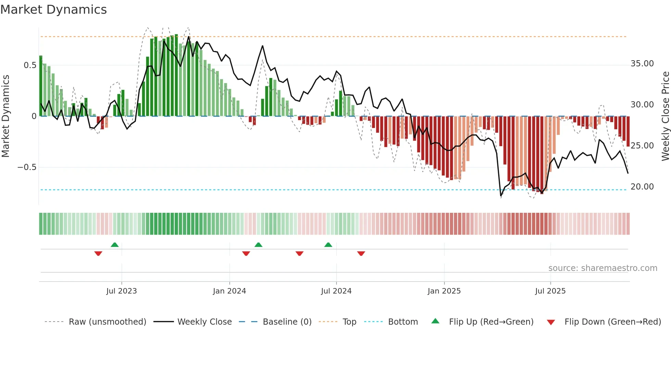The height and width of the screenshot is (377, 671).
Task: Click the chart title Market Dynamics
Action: click(x=53, y=10)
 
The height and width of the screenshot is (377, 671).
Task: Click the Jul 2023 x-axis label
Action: click(x=122, y=291)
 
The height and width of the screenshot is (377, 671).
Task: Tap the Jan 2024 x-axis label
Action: click(x=229, y=291)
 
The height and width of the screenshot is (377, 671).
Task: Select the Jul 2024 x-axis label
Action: click(x=336, y=291)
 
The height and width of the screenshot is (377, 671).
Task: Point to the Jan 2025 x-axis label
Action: click(x=444, y=291)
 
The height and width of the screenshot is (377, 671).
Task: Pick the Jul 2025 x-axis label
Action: click(x=550, y=291)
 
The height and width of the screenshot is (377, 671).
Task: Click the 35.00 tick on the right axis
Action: click(x=642, y=64)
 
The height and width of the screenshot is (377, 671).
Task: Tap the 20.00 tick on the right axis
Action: click(x=642, y=187)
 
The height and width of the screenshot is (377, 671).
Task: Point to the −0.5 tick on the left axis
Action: click(x=27, y=167)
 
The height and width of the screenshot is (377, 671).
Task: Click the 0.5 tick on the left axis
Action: click(x=30, y=65)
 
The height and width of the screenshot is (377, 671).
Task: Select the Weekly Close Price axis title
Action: click(x=665, y=116)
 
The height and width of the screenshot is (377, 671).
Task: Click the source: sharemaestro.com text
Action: click(x=603, y=268)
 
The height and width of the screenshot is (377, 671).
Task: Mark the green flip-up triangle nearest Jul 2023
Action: click(x=115, y=245)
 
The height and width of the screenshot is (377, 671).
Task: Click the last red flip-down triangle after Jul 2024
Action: click(x=361, y=253)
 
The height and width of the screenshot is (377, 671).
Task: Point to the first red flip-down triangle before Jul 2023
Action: click(x=98, y=253)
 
